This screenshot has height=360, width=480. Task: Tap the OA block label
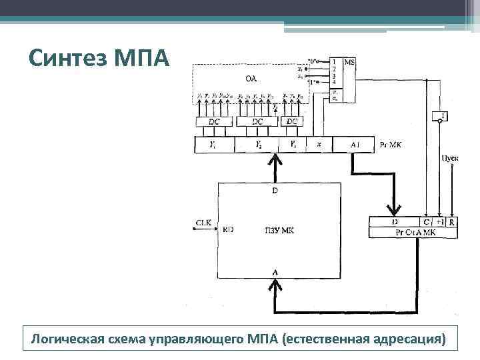tap(251, 78)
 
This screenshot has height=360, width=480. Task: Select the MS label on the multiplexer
tap(350, 62)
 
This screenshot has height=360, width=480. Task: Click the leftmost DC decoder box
tap(214, 122)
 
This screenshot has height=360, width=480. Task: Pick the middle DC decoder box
tap(257, 122)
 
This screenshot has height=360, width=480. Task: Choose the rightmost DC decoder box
tap(292, 122)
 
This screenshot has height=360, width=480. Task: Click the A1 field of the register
tap(355, 144)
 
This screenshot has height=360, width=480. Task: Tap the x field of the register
tap(319, 144)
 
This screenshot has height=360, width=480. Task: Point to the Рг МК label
tap(389, 144)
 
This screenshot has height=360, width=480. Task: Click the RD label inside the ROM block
tap(228, 229)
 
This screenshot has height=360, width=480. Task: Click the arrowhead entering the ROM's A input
tap(274, 285)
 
